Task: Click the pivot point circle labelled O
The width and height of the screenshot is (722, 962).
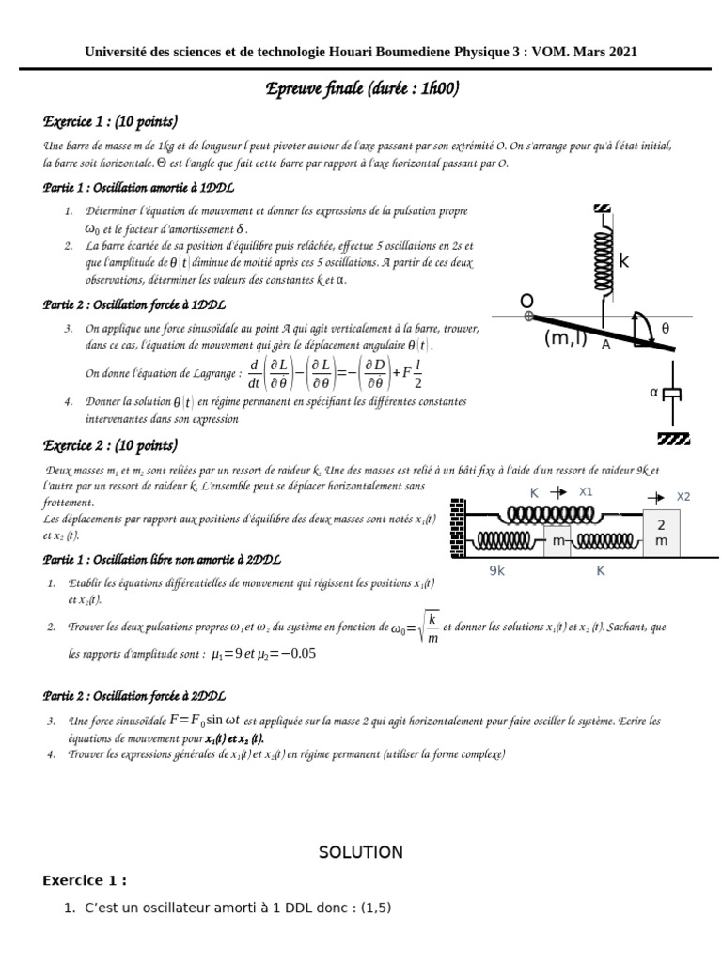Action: pos(529,317)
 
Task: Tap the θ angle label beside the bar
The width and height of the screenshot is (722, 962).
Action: pos(665,328)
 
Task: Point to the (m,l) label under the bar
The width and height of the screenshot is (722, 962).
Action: pos(565,338)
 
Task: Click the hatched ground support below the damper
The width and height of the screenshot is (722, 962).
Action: pos(673,438)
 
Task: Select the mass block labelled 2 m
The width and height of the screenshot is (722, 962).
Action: pos(661,533)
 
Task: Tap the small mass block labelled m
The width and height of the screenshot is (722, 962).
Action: pos(557,541)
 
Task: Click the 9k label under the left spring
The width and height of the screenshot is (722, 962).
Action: pos(498,569)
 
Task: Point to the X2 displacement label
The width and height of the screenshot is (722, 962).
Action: pos(683,496)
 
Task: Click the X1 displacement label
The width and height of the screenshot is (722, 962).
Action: pos(586,491)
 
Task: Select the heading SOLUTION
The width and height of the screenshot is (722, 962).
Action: pos(360,852)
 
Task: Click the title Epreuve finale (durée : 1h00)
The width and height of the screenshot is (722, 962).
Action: pos(364,89)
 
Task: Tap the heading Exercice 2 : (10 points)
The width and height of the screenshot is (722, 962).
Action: pos(110,445)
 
